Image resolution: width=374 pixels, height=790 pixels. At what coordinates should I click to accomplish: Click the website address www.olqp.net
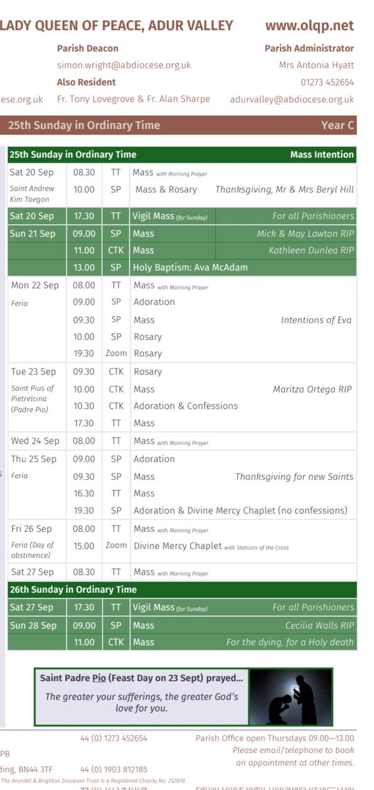(x=309, y=26)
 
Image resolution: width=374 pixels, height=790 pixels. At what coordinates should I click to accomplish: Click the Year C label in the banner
(x=337, y=125)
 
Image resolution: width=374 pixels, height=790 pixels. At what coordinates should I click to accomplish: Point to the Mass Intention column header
(x=321, y=155)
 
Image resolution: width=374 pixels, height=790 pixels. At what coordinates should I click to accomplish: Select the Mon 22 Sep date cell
(x=35, y=285)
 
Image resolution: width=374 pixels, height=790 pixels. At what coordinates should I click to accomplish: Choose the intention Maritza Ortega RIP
(x=312, y=389)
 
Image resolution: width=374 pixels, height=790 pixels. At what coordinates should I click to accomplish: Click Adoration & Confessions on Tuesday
(x=186, y=406)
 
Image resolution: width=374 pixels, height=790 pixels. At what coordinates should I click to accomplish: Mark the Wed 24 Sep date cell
(x=35, y=440)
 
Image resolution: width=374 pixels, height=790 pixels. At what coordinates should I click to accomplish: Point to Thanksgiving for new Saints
(x=294, y=476)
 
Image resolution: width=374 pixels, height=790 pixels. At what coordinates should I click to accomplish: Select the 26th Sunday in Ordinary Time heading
(x=73, y=589)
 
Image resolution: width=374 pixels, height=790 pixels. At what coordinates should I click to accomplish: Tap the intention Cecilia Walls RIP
(x=319, y=625)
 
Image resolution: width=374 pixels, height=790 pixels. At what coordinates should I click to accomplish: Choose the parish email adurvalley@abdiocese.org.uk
(x=292, y=99)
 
